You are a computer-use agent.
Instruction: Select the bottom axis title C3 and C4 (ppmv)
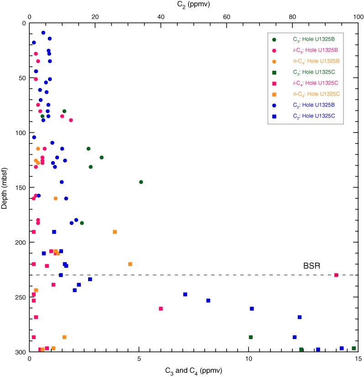(194, 370)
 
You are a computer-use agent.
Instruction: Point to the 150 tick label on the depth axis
(19, 187)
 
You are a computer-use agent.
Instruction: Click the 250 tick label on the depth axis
(19, 297)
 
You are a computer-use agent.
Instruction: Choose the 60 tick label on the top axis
(226, 16)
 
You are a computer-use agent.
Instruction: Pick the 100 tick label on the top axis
(358, 16)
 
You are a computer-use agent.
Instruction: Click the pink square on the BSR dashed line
(336, 275)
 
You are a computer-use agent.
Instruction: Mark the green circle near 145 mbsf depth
(141, 182)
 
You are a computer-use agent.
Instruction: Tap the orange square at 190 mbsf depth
(115, 232)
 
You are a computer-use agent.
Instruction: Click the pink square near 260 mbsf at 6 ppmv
(161, 308)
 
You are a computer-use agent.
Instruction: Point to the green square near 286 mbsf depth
(251, 337)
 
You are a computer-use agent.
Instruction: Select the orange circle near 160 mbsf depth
(56, 198)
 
